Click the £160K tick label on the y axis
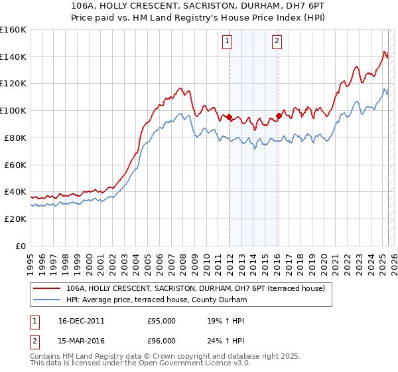point(13,30)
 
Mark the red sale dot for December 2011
point(229,118)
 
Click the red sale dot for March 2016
point(279,116)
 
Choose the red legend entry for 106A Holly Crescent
point(195,288)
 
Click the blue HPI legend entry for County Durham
point(157,300)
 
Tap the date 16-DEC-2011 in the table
point(82,321)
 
